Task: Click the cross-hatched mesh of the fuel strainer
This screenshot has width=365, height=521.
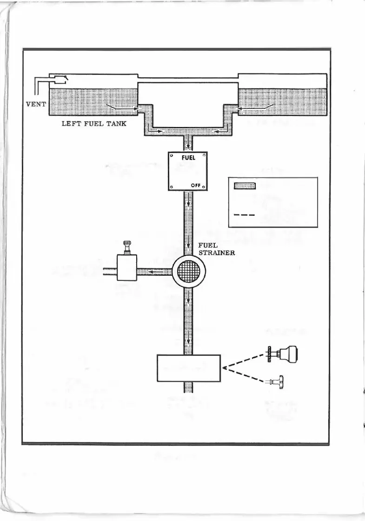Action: pos(188,271)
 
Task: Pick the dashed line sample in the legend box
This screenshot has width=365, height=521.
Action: pos(241,215)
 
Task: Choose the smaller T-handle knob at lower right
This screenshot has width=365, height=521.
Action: pos(279,382)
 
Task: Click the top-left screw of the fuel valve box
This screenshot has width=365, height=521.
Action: pos(172,156)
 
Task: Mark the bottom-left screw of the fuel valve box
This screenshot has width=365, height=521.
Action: pos(172,187)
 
